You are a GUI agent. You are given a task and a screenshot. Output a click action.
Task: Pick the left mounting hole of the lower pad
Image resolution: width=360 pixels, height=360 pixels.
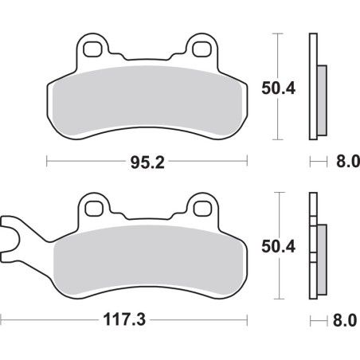[96, 209]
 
